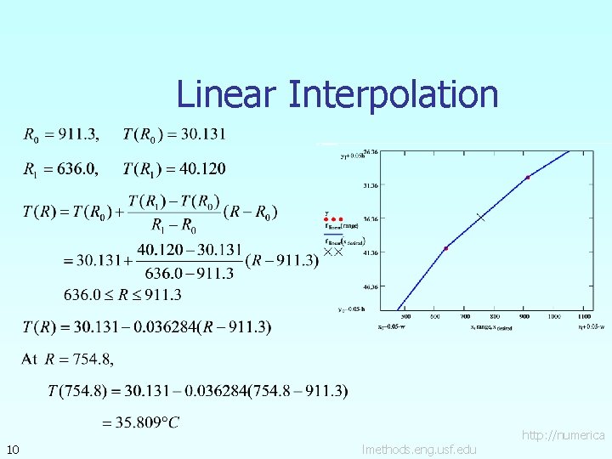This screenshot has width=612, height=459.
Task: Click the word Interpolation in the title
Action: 393,93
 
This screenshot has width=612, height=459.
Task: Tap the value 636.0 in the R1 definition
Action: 74,168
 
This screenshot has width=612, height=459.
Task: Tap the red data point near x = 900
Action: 527,178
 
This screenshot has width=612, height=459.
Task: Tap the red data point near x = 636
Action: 445,248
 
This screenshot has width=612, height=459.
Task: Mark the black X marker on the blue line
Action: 481,218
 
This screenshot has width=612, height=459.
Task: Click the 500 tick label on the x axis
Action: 406,317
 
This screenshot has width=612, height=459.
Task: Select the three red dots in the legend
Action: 332,218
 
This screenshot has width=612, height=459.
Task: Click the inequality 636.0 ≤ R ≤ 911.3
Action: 122,295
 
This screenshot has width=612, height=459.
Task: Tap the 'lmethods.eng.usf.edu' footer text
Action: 419,449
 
